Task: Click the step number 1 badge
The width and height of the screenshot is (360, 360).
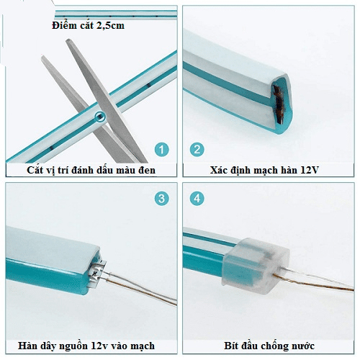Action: pos(161,149)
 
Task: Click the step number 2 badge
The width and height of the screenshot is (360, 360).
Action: pos(197,149)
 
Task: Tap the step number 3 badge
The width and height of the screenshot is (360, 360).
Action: pos(161,199)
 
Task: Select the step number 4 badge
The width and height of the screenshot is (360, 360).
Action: pos(197,199)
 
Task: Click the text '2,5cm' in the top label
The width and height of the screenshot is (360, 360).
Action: pos(110,25)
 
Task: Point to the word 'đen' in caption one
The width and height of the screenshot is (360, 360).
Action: pos(146,170)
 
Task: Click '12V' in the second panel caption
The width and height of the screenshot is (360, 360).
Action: pos(310,170)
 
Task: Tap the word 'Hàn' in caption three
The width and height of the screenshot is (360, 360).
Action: pos(27,346)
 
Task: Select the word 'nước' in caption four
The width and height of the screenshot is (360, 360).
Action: pos(303,346)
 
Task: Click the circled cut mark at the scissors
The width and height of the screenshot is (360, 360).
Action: pos(99,117)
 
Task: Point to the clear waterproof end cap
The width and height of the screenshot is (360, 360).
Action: pos(256,265)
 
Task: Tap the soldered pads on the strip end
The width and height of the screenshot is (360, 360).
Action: pos(98,273)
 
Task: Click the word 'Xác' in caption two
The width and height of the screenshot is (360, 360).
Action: pos(218,170)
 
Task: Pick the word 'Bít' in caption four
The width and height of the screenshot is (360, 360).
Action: pos(231,346)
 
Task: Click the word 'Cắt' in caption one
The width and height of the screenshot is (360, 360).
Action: pos(35,170)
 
